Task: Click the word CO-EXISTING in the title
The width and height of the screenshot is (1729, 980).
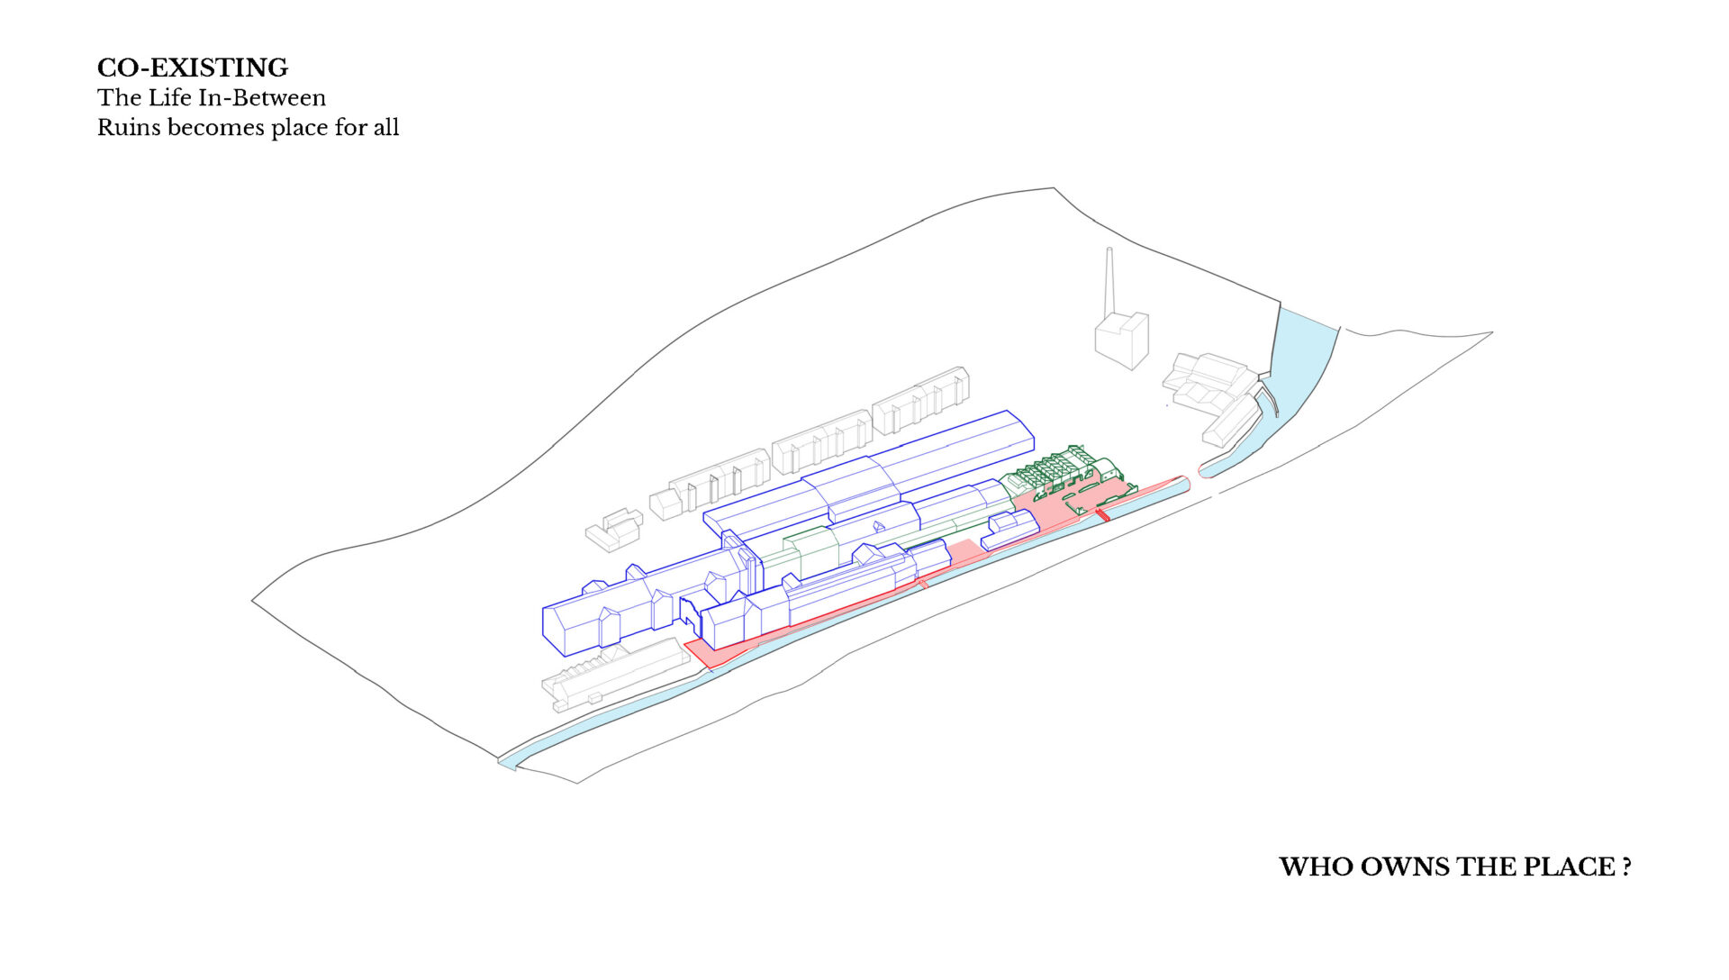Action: click(x=193, y=68)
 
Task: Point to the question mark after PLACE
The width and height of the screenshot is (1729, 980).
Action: click(x=1626, y=867)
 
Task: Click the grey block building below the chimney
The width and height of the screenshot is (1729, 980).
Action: click(x=1122, y=340)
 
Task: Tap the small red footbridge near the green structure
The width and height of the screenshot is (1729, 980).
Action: click(x=1101, y=514)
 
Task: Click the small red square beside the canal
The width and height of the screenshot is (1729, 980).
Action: click(x=922, y=585)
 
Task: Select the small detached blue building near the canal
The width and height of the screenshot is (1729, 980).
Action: click(x=1009, y=530)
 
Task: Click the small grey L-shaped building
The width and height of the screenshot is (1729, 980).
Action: click(x=614, y=530)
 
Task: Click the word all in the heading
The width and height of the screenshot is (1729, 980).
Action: click(x=386, y=127)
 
